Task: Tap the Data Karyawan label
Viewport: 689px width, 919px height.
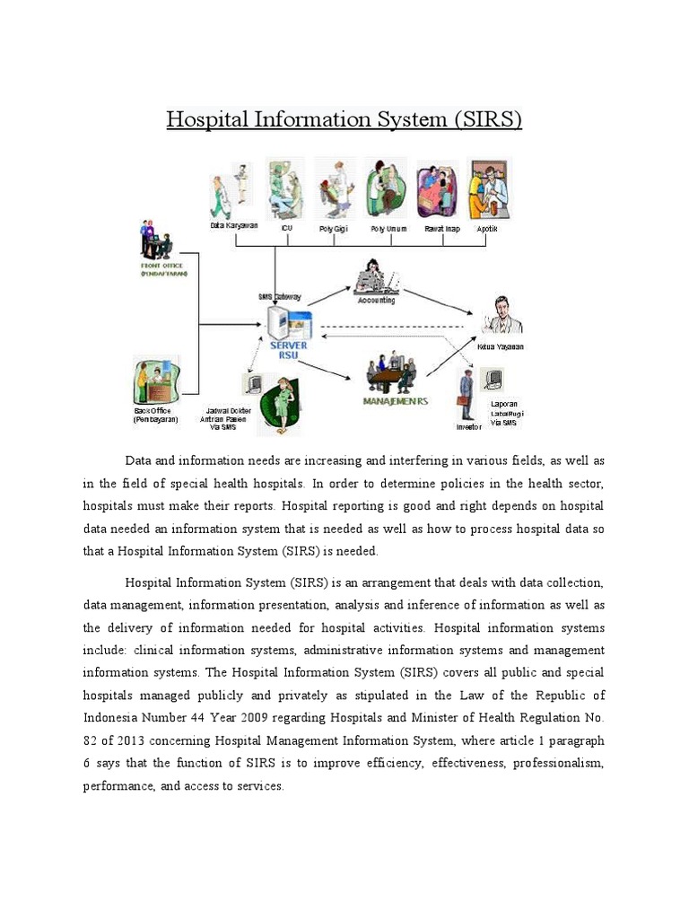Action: pos(234,225)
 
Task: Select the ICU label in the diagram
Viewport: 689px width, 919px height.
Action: pos(286,229)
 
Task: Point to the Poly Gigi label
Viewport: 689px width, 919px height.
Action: pos(334,229)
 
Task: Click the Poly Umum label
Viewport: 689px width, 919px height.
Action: pos(389,229)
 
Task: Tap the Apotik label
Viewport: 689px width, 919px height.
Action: pos(487,229)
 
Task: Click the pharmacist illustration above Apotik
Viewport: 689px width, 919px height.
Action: pos(488,190)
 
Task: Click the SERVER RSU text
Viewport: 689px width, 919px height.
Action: pos(288,349)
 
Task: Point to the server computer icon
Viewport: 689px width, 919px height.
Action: pos(289,322)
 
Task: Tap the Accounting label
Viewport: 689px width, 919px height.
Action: pos(376,301)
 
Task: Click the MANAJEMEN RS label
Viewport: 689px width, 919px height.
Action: pos(395,401)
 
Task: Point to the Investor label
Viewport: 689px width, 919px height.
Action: pos(468,427)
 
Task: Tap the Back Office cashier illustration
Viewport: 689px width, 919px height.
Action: pos(154,380)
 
